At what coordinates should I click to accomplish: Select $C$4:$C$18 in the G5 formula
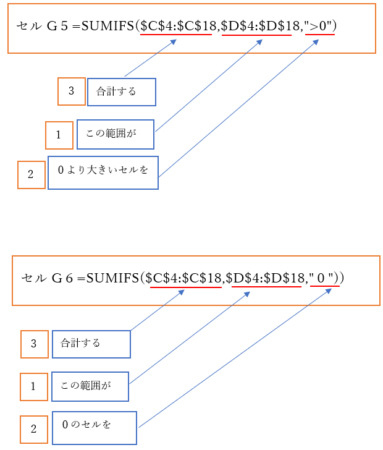click(179, 27)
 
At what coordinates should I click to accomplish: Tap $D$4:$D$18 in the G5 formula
click(256, 27)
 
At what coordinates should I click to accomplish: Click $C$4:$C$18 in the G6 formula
click(184, 279)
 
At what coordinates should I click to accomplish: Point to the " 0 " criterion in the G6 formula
click(325, 279)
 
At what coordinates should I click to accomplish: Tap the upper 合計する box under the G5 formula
click(121, 91)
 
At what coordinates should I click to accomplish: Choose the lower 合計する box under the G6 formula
click(91, 344)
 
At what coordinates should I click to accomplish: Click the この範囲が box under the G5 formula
click(115, 134)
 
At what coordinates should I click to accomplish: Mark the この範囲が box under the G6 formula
click(90, 386)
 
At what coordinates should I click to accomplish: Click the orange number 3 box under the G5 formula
click(71, 91)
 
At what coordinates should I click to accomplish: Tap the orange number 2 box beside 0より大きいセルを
click(31, 174)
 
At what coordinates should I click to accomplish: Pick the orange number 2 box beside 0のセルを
click(33, 429)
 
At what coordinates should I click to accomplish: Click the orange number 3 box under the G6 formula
click(34, 344)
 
